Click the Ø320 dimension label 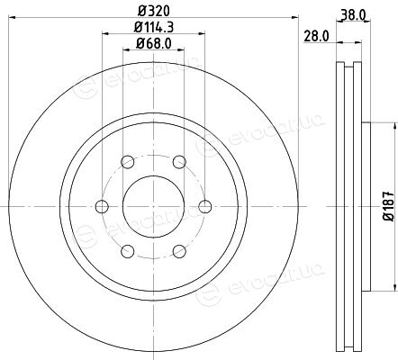click(154, 11)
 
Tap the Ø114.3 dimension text click(154, 27)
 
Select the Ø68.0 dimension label click(154, 44)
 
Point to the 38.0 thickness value click(353, 15)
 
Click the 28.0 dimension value click(316, 36)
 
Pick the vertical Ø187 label click(389, 206)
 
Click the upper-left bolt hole click(128, 162)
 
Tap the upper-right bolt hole click(179, 162)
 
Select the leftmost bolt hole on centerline click(102, 206)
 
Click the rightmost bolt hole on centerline click(205, 206)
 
